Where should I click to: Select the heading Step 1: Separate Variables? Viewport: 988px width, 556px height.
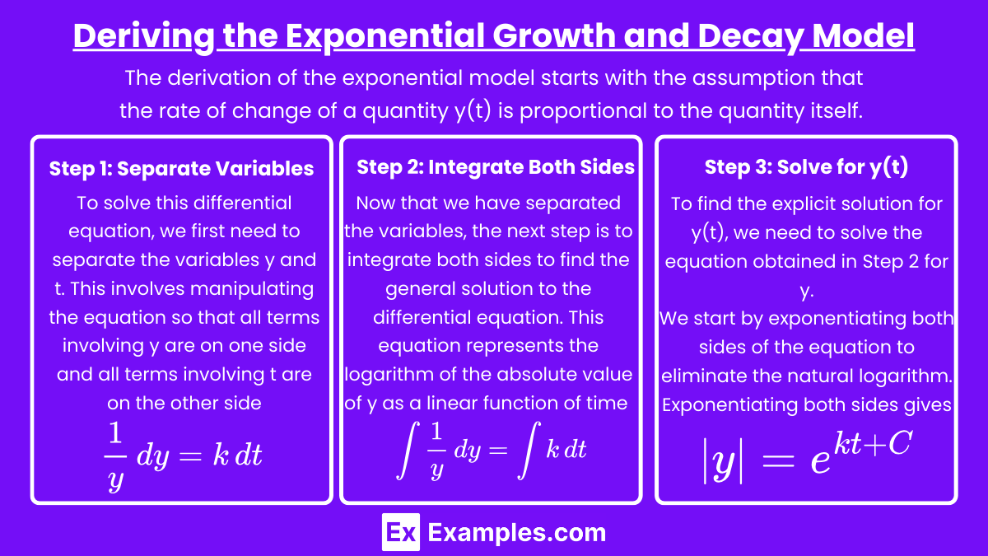[x=181, y=169]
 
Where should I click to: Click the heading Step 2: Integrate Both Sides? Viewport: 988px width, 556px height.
[x=496, y=167]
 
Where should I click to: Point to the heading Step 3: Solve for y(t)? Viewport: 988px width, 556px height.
[x=806, y=167]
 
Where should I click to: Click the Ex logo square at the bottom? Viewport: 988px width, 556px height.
[x=400, y=532]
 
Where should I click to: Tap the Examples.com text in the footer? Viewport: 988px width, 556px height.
[x=517, y=533]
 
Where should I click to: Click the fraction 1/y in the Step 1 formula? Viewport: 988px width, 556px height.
[x=115, y=456]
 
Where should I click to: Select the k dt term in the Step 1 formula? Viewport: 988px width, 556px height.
[x=238, y=455]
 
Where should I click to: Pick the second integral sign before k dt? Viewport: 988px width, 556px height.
[x=529, y=450]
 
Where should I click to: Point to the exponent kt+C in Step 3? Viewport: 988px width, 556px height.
[x=872, y=443]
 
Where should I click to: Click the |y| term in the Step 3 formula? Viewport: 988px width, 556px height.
[x=723, y=462]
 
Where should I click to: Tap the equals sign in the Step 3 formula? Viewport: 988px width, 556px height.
[x=778, y=462]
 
